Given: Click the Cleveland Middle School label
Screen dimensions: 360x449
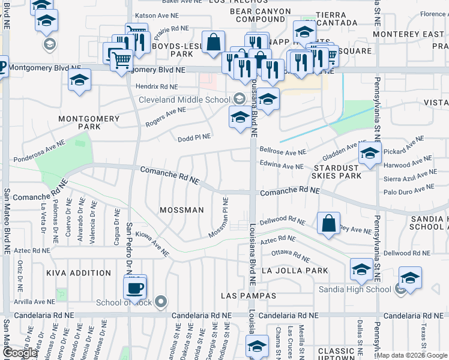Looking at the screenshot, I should pyautogui.click(x=184, y=100).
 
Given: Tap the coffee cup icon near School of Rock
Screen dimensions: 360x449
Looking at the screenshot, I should pyautogui.click(x=134, y=287).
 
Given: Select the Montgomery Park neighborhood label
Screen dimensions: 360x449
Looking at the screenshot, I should pyautogui.click(x=89, y=122).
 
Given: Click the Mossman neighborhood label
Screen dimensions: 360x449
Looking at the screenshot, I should pyautogui.click(x=181, y=210).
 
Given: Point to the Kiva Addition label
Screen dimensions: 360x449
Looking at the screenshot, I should pyautogui.click(x=79, y=272).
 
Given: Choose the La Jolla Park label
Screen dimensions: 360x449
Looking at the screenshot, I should pyautogui.click(x=295, y=271).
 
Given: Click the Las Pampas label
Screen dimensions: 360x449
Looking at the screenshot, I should pyautogui.click(x=248, y=296).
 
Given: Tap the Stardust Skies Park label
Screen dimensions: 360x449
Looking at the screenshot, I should pyautogui.click(x=336, y=171).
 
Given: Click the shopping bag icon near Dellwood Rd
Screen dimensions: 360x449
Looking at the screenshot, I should pyautogui.click(x=329, y=224).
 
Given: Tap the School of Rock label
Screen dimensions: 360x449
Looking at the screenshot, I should pyautogui.click(x=124, y=302).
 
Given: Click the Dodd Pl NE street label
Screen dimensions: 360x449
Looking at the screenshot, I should pyautogui.click(x=194, y=138).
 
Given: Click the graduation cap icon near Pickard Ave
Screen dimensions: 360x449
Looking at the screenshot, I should pyautogui.click(x=370, y=154).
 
